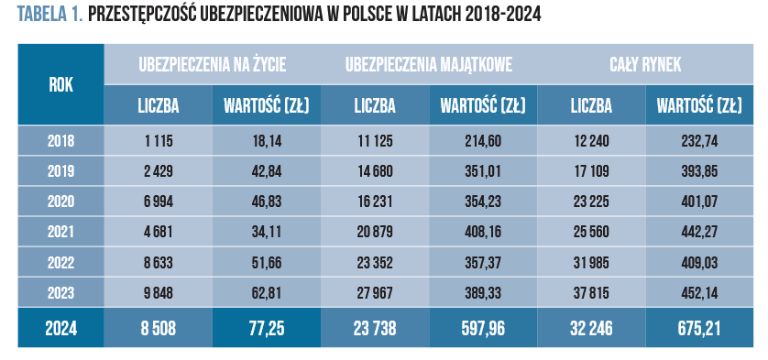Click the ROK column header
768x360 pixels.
tap(60, 85)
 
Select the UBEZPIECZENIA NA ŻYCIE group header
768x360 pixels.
tap(212, 65)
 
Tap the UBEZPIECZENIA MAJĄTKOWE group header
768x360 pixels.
tap(429, 65)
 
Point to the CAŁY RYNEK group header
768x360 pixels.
tap(645, 65)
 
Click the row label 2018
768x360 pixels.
tap(60, 141)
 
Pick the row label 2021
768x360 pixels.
tap(60, 232)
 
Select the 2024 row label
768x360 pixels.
tap(60, 328)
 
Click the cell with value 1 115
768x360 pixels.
tap(158, 141)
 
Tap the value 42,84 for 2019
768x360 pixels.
tap(267, 171)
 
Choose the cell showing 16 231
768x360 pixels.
tap(375, 202)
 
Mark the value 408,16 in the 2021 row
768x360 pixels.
tap(483, 232)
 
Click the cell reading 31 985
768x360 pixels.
tap(591, 263)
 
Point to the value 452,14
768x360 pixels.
tap(699, 293)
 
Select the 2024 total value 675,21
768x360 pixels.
tap(699, 328)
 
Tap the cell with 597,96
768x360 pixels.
tap(483, 328)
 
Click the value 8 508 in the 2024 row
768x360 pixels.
tap(158, 328)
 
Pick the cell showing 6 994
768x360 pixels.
tap(158, 202)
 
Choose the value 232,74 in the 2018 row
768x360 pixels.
tap(699, 141)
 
